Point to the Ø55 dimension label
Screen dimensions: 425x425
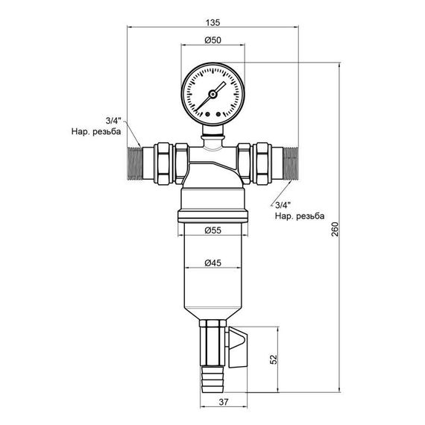click(212, 232)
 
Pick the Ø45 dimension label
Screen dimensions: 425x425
click(212, 262)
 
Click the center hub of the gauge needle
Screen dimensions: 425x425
click(212, 94)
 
